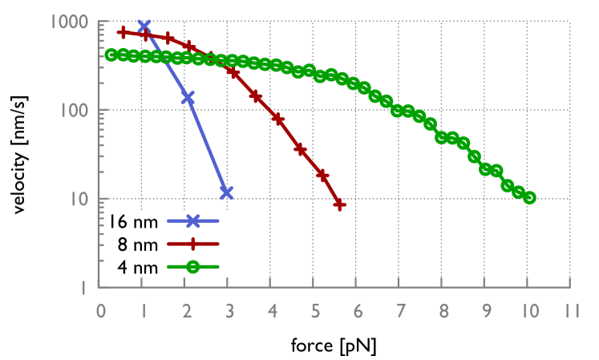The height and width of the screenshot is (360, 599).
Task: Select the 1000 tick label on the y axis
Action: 67,22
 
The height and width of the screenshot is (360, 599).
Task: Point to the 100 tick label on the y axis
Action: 72,111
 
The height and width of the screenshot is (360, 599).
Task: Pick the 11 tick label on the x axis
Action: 570,310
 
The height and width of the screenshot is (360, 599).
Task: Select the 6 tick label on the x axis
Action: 357,310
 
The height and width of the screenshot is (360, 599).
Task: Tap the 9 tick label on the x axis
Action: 485,310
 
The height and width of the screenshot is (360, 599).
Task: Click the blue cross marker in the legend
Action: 192,220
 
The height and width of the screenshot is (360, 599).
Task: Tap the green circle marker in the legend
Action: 192,268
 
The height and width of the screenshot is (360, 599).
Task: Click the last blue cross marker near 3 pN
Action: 227,192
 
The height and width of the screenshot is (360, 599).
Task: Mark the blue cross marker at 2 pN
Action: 188,98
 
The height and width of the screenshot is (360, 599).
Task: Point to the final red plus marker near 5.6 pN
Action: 340,204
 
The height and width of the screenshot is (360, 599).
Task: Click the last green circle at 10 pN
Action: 529,197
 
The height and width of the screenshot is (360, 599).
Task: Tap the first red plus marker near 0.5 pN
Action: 123,32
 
